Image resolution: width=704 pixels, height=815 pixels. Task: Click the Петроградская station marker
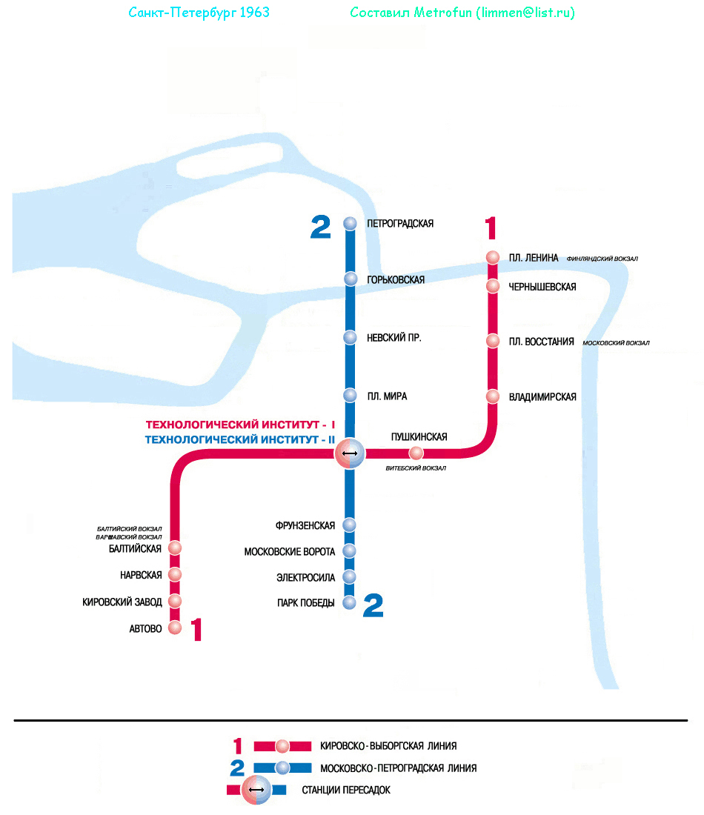point(351,223)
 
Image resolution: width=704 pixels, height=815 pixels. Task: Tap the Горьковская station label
point(395,279)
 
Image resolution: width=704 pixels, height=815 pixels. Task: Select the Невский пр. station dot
point(351,338)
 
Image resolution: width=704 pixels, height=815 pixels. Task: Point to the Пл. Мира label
point(386,396)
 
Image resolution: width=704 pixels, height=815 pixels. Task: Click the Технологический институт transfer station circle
point(350,453)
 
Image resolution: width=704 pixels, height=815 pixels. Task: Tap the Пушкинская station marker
point(416,453)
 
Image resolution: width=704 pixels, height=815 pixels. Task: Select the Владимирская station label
point(542,397)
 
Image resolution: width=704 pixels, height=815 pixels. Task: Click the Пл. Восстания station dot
point(493,341)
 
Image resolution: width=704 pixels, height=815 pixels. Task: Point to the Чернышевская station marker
point(493,286)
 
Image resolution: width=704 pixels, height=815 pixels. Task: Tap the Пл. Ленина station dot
point(493,258)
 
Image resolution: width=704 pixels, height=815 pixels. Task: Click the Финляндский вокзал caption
point(602,259)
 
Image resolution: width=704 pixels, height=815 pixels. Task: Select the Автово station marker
point(175,628)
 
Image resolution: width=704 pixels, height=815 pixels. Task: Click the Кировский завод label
point(122,602)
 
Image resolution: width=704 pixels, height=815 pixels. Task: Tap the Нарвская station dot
point(175,574)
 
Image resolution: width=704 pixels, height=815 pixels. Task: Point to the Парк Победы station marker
point(350,602)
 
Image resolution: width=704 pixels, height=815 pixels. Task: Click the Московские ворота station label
point(289,552)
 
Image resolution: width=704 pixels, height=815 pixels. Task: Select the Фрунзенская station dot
point(350,525)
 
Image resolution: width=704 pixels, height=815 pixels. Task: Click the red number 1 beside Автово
point(196,631)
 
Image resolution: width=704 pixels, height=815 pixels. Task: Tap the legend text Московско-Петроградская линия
point(398,768)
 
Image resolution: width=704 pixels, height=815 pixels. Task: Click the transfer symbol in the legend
point(256,790)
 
